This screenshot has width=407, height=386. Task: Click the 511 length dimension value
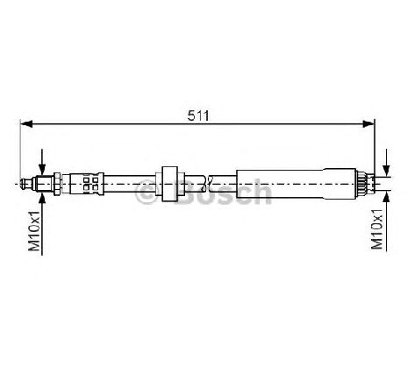[x=198, y=116]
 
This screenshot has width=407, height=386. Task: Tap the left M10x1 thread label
[x=34, y=231]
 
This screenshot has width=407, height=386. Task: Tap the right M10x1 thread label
[x=377, y=229]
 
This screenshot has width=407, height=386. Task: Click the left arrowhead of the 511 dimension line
[x=26, y=124]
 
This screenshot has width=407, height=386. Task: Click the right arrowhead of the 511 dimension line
[x=368, y=124]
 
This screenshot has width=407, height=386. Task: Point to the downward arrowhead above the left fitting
[x=42, y=170]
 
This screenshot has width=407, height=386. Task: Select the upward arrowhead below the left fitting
[x=42, y=198]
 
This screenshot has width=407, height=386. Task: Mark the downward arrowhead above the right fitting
[x=387, y=171]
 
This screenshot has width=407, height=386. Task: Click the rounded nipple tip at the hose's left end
[x=25, y=184]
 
